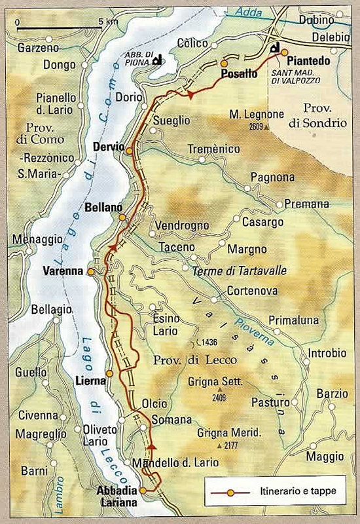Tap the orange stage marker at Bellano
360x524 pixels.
point(121,217)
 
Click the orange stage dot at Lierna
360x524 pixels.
point(109,373)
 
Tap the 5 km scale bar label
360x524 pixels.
point(109,21)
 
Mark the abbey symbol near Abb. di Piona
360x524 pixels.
point(156,61)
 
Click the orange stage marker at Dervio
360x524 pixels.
point(129,151)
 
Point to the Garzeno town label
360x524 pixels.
point(39,48)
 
